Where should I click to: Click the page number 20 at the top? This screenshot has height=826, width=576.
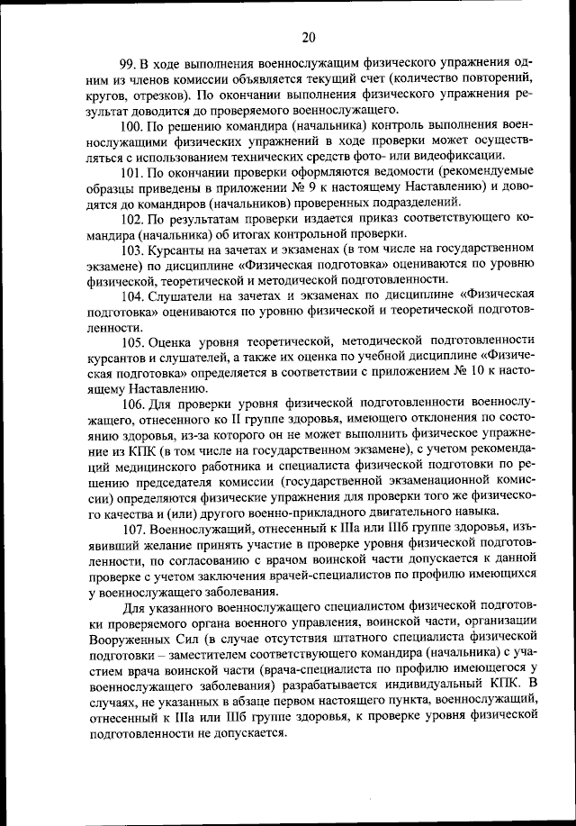coord(309,37)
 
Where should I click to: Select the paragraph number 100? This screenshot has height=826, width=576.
coord(131,124)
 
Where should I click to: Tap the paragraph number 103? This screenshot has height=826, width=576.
coord(131,248)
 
